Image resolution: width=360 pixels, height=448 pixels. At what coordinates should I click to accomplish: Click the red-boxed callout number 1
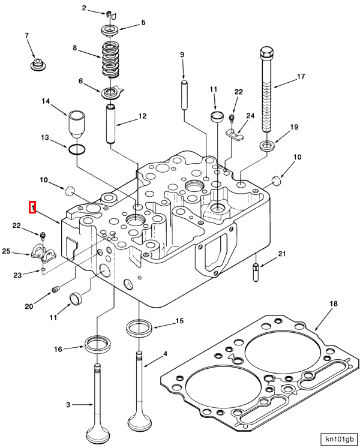point(33,208)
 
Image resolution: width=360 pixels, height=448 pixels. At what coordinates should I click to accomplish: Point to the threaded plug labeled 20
point(57,290)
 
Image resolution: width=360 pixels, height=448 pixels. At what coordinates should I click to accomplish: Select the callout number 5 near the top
point(143,23)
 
